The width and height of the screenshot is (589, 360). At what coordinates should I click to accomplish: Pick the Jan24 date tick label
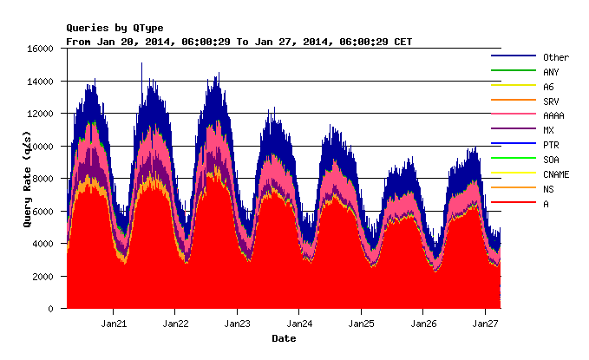point(299,324)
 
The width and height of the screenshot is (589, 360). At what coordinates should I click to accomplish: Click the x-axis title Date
point(284,338)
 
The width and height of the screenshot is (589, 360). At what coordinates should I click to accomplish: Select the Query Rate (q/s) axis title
point(28,179)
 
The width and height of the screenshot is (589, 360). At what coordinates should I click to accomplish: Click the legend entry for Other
point(555,57)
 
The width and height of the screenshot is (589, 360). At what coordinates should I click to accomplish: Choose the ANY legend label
point(551,72)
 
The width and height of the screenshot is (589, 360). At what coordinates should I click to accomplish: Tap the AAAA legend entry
point(553,115)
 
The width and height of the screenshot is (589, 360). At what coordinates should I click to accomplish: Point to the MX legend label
point(547,130)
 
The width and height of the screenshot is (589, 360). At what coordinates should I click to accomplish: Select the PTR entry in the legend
point(551,145)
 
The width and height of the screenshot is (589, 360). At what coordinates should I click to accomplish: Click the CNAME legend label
point(555,174)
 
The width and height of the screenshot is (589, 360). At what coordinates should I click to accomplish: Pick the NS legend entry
point(547,189)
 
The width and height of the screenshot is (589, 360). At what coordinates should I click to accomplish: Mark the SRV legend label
point(551,101)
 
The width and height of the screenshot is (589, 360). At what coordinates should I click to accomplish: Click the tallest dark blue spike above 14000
point(142,64)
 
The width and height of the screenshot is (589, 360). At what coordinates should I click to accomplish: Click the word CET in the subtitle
point(403,42)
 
